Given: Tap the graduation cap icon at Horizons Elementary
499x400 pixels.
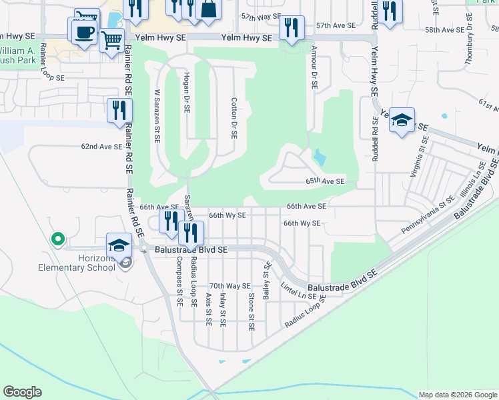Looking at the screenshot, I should [x=119, y=245].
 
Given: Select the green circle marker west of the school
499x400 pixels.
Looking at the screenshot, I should [x=57, y=237].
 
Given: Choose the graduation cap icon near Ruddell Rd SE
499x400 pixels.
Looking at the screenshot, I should [x=402, y=120].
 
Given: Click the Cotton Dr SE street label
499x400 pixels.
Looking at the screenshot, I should [x=234, y=117].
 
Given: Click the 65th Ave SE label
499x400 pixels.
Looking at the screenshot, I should [x=325, y=181].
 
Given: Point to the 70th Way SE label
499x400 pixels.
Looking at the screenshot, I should [x=229, y=285].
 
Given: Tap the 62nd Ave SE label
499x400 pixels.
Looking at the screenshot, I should [x=101, y=146].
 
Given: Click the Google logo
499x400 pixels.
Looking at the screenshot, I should [x=22, y=392].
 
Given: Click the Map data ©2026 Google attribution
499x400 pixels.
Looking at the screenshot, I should [x=458, y=395].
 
